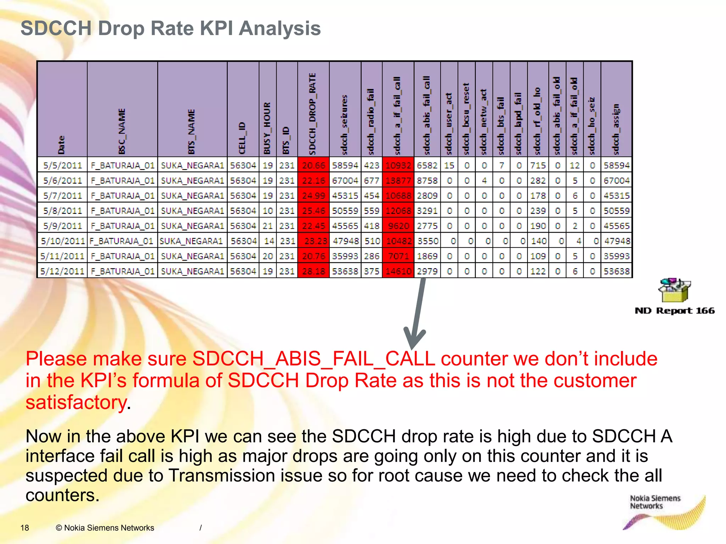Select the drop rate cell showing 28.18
pyautogui.click(x=313, y=271)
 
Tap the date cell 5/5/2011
pyautogui.click(x=62, y=165)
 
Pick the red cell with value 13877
pyautogui.click(x=398, y=181)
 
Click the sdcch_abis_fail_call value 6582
pyautogui.click(x=427, y=165)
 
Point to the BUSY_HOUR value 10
pyautogui.click(x=268, y=211)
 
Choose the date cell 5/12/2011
pyautogui.click(x=62, y=271)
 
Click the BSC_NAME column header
pyautogui.click(x=122, y=131)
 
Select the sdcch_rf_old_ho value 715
pyautogui.click(x=538, y=165)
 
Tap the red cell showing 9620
pyautogui.click(x=398, y=226)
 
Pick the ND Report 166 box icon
pyautogui.click(x=674, y=290)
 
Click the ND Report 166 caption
pyautogui.click(x=675, y=311)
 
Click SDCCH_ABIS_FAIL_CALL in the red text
pyautogui.click(x=314, y=359)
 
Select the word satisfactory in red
pyautogui.click(x=76, y=402)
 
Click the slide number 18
pyautogui.click(x=25, y=528)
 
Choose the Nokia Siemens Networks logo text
pyautogui.click(x=655, y=502)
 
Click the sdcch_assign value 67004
pyautogui.click(x=616, y=181)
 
